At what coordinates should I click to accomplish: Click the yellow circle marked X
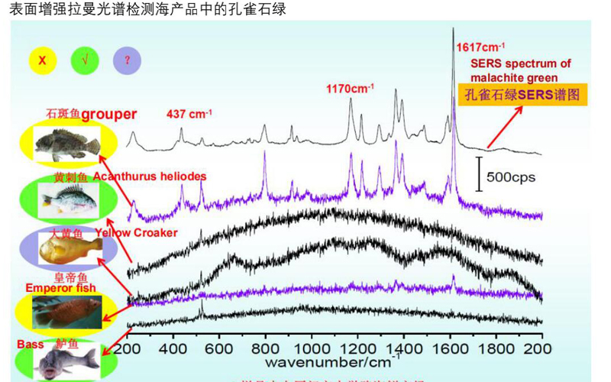tap(44, 59)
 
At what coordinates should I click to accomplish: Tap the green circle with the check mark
tap(84, 59)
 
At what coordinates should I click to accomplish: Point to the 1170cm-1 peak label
tap(350, 89)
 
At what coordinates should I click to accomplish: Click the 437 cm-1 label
tap(189, 114)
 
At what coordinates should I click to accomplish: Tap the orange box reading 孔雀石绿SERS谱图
tap(522, 95)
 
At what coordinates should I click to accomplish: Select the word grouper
tap(108, 115)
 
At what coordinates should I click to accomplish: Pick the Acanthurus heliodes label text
tap(150, 176)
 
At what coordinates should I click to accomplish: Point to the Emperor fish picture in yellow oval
tap(65, 311)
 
